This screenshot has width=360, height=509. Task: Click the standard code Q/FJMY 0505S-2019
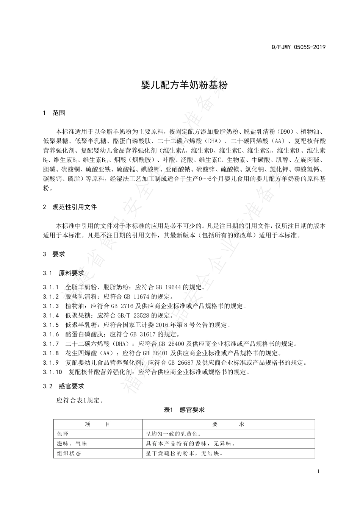coord(299,47)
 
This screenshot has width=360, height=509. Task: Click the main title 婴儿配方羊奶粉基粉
coord(184,85)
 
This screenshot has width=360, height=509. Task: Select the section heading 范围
coord(59,112)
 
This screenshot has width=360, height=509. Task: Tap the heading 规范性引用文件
coord(75,207)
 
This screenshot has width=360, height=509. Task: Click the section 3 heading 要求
coord(59,254)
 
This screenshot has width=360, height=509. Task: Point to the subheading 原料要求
coord(72,273)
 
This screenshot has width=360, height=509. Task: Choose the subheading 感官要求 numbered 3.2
coord(72,386)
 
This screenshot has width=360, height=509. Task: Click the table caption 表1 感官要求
coord(184,409)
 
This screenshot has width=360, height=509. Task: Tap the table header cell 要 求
coord(229,424)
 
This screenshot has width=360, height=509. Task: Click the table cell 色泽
coord(63,434)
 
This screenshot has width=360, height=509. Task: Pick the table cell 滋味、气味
coord(72,443)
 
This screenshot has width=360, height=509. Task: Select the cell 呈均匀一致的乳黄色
coord(173,434)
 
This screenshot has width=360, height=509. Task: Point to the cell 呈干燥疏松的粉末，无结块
coord(184,453)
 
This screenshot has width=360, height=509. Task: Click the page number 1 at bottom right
coord(318,471)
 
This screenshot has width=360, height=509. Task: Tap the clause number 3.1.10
coord(52,372)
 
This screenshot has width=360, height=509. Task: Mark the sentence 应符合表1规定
coord(80,400)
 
